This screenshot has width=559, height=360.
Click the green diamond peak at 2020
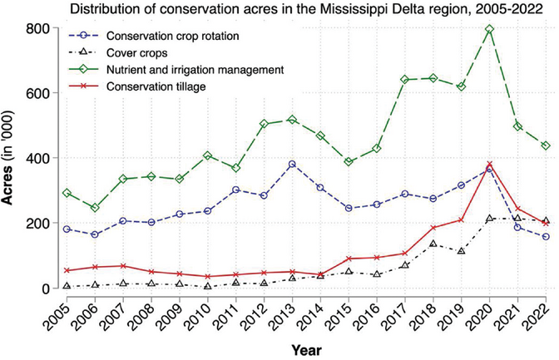pyautogui.click(x=489, y=29)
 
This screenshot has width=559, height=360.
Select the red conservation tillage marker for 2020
pyautogui.click(x=489, y=165)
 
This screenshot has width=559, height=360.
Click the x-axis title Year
pyautogui.click(x=305, y=350)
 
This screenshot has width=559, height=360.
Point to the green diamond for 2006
pyautogui.click(x=93, y=208)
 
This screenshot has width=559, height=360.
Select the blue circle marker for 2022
pyautogui.click(x=546, y=237)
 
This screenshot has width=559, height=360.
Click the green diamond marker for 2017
pyautogui.click(x=404, y=80)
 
